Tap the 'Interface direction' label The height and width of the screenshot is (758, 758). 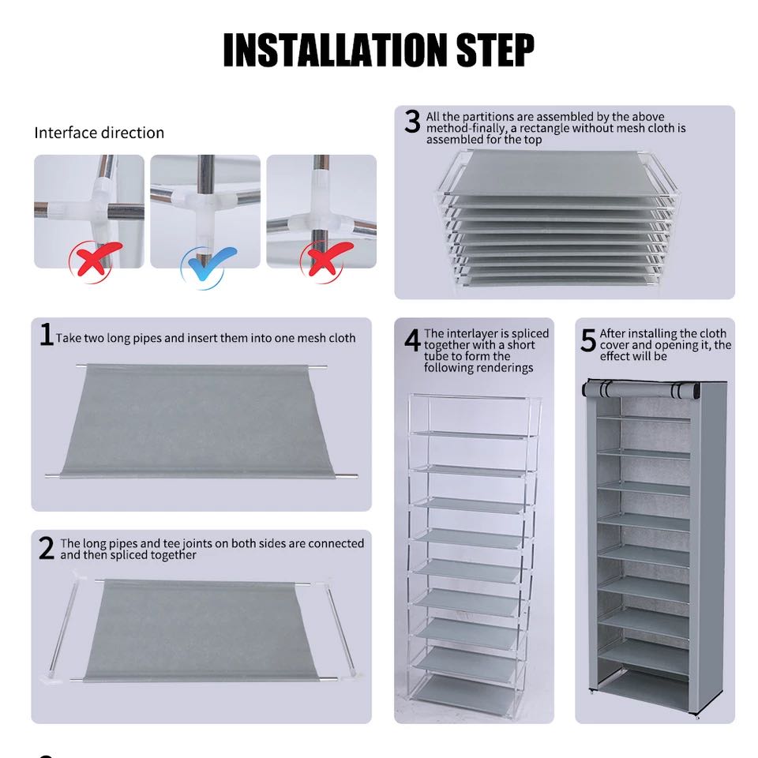pos(99,133)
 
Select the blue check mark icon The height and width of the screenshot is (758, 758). pos(208,263)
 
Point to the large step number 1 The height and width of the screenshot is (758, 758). pos(47,335)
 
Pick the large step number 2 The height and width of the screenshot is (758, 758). pos(47,548)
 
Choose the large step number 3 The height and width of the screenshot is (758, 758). pos(412,122)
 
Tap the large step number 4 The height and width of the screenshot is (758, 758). pos(412,340)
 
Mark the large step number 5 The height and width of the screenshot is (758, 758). pos(588,340)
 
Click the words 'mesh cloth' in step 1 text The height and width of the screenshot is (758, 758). pos(319,338)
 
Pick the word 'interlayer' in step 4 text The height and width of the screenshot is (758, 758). pos(474,334)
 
